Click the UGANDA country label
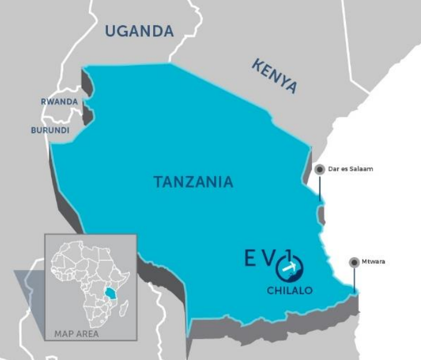pyautogui.click(x=140, y=31)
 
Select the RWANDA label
pyautogui.click(x=59, y=101)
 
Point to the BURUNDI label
pyautogui.click(x=50, y=130)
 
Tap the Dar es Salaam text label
pyautogui.click(x=350, y=169)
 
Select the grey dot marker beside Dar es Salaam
pyautogui.click(x=320, y=169)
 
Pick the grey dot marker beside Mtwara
pyautogui.click(x=354, y=261)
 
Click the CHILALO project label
pyautogui.click(x=290, y=291)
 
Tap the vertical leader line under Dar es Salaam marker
pyautogui.click(x=320, y=188)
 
